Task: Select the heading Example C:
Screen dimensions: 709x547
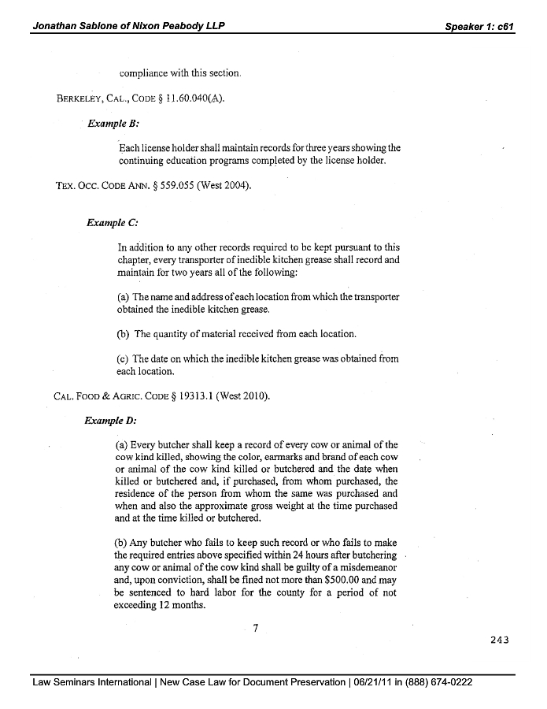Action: pos(113,223)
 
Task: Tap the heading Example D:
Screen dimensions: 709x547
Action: pos(110,420)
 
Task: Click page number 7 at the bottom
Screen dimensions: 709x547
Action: pos(256,628)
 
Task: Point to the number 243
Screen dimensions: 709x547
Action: pos(499,640)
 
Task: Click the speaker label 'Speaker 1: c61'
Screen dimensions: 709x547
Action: pos(479,26)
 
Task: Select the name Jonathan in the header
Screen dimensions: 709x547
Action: pos(55,26)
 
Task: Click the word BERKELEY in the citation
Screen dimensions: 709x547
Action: pos(76,98)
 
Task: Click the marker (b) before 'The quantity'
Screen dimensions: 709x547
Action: pos(123,334)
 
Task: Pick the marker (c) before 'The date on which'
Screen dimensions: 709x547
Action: pos(123,359)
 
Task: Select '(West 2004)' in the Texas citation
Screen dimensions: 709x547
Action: pos(224,186)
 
